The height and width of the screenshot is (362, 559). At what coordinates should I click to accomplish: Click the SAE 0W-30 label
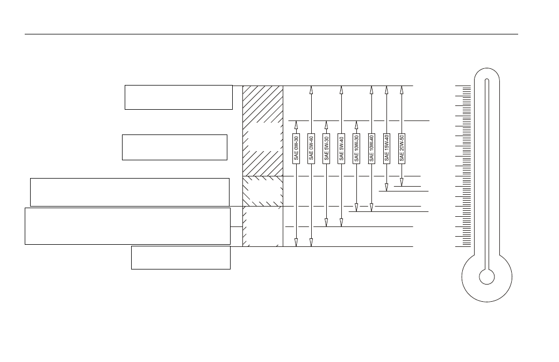pos(296,148)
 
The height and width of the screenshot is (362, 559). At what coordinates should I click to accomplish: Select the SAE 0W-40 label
pos(311,148)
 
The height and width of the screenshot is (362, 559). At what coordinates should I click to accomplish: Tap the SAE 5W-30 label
pos(326,148)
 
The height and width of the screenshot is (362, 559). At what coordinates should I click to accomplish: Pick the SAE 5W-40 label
pos(341,148)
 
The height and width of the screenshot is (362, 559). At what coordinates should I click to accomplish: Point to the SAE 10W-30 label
pos(356,148)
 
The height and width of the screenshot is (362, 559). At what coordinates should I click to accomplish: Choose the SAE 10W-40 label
pos(371,148)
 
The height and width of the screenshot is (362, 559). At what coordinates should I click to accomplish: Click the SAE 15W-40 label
pos(386,148)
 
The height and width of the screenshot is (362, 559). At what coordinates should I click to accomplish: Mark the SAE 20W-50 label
pos(402,148)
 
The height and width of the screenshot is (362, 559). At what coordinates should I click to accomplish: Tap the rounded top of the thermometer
pos(486,68)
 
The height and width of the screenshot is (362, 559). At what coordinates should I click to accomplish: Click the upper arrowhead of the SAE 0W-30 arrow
pos(296,125)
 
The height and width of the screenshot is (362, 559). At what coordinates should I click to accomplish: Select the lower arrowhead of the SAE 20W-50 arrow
pos(402,182)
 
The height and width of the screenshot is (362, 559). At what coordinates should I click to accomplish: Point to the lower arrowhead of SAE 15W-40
pos(386,187)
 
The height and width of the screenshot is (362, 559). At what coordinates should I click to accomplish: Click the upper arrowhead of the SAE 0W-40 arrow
pos(311,90)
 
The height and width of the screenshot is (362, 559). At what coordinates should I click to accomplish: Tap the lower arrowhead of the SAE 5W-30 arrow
pos(326,223)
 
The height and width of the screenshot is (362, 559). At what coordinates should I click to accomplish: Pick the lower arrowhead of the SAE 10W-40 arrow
pos(371,208)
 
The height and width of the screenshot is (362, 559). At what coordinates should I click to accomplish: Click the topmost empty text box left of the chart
pos(178,97)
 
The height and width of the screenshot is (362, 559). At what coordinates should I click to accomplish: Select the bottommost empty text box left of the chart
pos(181,258)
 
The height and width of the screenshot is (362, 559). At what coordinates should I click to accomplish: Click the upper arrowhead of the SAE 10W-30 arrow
pos(356,125)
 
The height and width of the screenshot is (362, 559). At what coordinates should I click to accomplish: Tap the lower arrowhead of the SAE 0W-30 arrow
pos(296,243)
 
